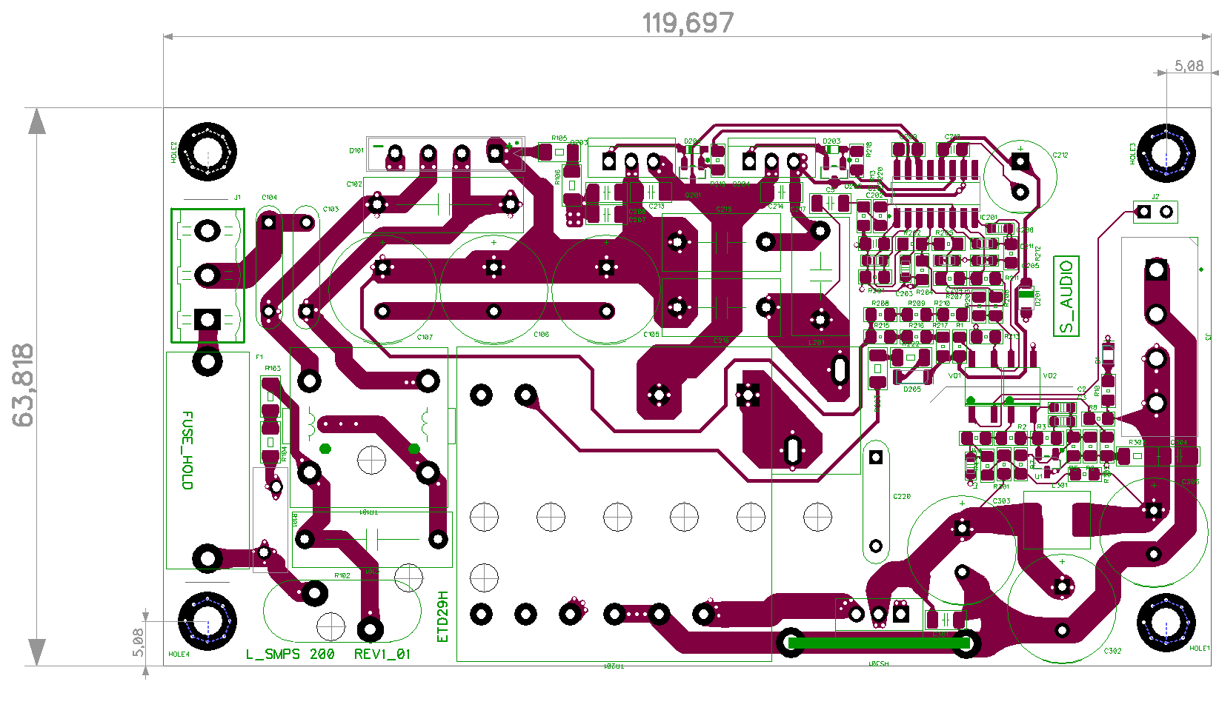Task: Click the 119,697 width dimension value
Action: [688, 24]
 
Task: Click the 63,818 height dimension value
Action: [24, 385]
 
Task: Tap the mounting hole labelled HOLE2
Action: [207, 152]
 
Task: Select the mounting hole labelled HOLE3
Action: [1166, 153]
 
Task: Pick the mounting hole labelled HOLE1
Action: [1166, 622]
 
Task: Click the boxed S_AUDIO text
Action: [1066, 296]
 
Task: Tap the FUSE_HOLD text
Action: [187, 450]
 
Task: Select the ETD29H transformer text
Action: [443, 616]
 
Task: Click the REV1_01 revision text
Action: [382, 655]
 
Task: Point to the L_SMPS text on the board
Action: [273, 655]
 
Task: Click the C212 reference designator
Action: [1060, 155]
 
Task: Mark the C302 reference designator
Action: [1112, 652]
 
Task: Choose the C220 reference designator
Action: [902, 497]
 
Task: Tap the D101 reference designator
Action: [356, 150]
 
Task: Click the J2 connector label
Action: [1155, 197]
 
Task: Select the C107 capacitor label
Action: [425, 338]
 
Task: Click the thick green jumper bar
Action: [879, 643]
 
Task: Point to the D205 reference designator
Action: [912, 389]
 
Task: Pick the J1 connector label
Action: [237, 198]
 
